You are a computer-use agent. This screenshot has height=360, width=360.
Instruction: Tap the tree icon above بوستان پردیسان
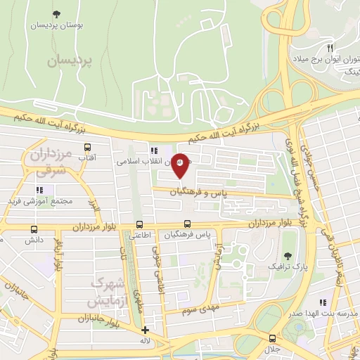point(56,13)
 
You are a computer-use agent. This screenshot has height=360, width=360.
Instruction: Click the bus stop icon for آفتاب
point(88,148)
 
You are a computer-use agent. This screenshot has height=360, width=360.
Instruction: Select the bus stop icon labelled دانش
point(34,229)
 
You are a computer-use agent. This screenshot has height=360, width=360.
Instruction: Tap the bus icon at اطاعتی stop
point(139,225)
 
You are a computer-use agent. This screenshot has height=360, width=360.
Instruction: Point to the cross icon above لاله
point(146,330)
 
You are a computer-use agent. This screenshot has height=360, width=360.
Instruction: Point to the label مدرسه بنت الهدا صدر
point(326,314)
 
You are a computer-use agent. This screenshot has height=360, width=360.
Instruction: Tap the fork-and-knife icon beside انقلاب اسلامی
point(153,150)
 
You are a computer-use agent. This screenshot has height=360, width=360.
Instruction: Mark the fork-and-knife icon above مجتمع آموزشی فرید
point(39,190)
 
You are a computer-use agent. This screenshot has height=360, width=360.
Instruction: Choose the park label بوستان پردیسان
point(56,25)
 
